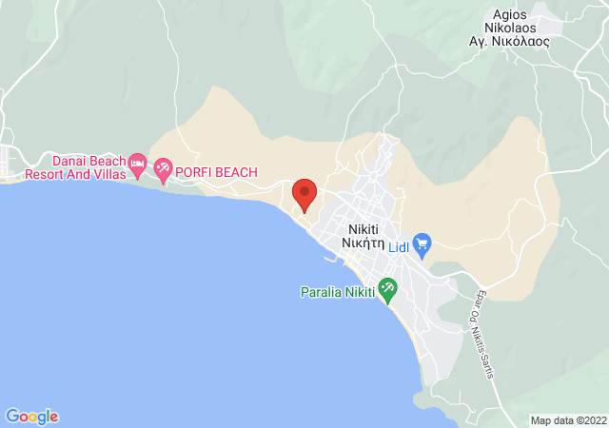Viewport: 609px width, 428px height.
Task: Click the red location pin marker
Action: click(304, 194)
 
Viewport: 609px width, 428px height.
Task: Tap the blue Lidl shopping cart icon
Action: click(422, 244)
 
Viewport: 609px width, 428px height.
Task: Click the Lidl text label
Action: click(399, 245)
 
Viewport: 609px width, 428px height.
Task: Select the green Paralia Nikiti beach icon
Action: click(387, 287)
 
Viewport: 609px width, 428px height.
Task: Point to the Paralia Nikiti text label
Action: click(337, 292)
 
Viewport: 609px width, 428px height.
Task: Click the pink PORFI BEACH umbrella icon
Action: click(163, 170)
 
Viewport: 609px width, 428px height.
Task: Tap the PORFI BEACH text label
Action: click(217, 172)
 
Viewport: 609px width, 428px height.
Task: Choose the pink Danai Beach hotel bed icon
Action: click(137, 163)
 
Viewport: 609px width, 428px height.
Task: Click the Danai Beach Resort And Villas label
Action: click(71, 168)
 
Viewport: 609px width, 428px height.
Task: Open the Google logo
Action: click(32, 417)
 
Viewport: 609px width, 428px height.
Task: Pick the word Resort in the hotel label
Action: click(44, 175)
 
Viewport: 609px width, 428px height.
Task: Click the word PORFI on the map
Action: click(194, 172)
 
